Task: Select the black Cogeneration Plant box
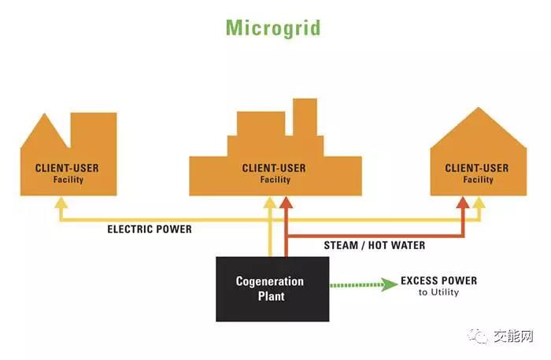[269, 288]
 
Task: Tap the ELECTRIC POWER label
[150, 230]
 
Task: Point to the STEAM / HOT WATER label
[374, 246]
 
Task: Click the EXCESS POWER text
[438, 280]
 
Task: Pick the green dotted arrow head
[390, 284]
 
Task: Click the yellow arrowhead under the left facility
[59, 202]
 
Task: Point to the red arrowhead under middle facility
[287, 202]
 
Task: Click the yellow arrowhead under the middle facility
[271, 202]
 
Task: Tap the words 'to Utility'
[438, 293]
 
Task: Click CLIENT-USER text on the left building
[67, 168]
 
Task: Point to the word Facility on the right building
[477, 180]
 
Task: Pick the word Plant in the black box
[269, 297]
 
